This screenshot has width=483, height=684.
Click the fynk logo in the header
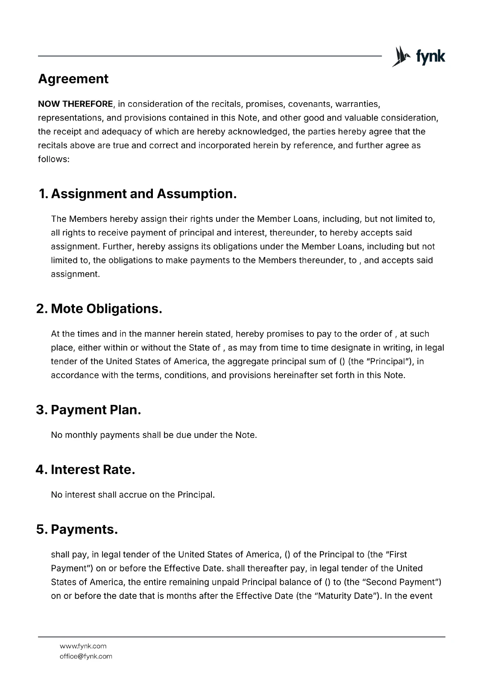(x=419, y=56)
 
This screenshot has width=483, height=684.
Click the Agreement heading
(x=73, y=79)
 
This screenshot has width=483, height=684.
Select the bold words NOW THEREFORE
(x=75, y=104)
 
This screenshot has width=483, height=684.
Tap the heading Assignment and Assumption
(x=143, y=194)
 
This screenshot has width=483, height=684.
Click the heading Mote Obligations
(x=106, y=309)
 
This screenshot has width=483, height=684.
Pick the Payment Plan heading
(x=96, y=410)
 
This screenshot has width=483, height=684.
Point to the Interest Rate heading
(x=93, y=469)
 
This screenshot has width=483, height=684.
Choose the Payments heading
(x=84, y=529)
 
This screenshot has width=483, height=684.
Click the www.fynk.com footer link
(x=83, y=646)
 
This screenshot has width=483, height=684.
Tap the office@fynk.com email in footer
(x=86, y=656)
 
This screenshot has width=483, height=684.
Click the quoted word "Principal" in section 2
(x=387, y=361)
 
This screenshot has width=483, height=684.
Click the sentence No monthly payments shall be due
(x=154, y=435)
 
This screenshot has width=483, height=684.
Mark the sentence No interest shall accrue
(x=132, y=495)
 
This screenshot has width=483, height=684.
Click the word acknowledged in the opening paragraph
(x=258, y=131)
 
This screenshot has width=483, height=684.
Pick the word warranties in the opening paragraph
(x=357, y=104)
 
